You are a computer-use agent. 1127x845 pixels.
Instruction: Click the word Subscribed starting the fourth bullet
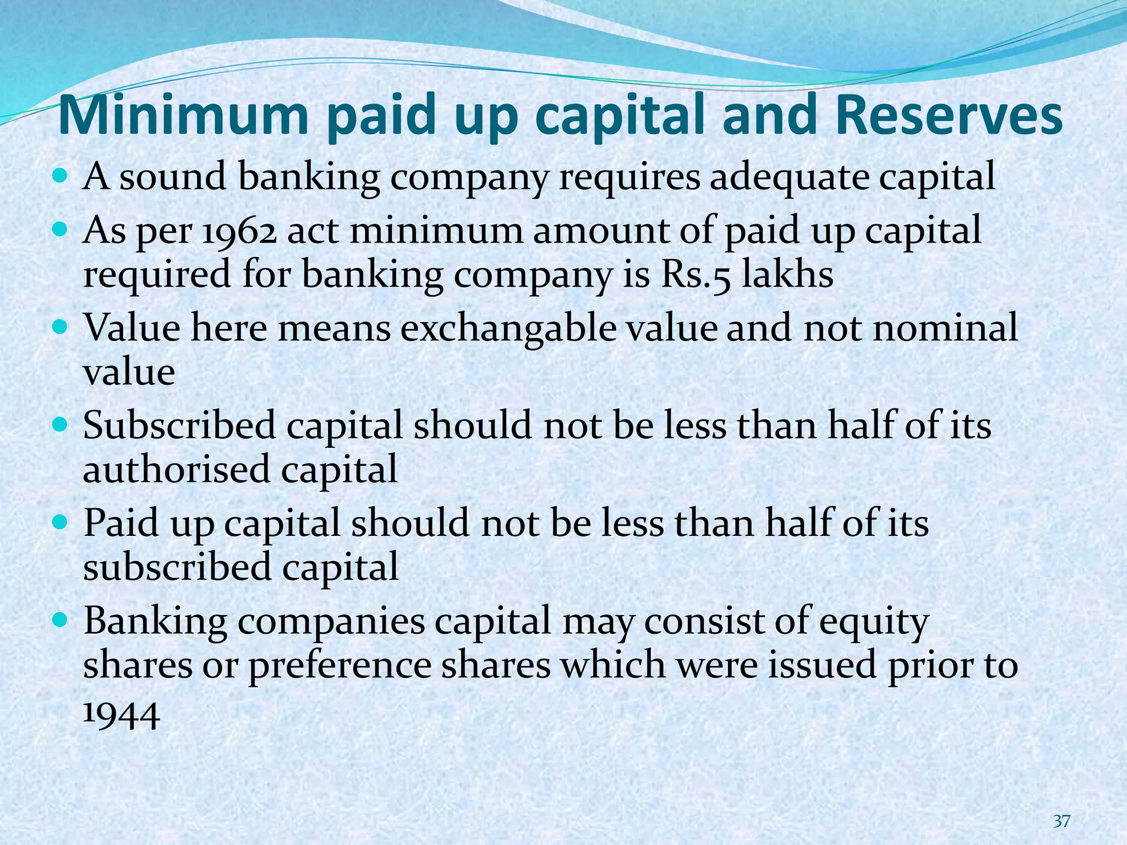(x=179, y=426)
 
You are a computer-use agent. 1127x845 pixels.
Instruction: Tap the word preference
(x=340, y=666)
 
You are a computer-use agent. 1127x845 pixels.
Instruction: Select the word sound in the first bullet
(x=173, y=177)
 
